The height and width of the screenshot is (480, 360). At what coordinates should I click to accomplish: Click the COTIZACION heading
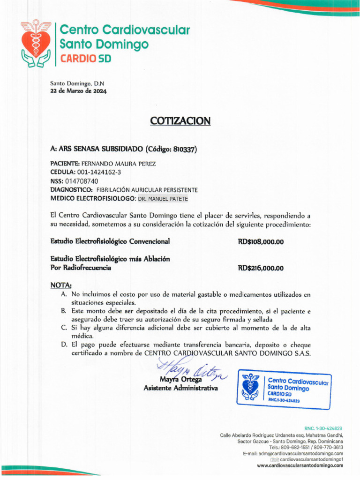click(180, 121)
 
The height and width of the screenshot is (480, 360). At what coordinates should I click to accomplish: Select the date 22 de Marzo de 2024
click(78, 91)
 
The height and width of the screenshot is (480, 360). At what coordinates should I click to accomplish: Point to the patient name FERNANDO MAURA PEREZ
click(119, 164)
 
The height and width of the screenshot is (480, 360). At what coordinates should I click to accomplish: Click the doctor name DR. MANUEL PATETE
click(163, 199)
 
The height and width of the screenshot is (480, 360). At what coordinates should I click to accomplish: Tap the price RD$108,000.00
click(261, 242)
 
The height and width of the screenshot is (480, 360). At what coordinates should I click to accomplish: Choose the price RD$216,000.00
click(261, 269)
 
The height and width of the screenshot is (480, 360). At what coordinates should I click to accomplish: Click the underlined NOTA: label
click(61, 285)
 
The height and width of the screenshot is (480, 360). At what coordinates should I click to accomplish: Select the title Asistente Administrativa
click(180, 388)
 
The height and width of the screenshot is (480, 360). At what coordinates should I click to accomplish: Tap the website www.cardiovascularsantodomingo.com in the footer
click(300, 465)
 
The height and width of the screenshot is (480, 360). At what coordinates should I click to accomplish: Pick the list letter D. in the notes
click(64, 345)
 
